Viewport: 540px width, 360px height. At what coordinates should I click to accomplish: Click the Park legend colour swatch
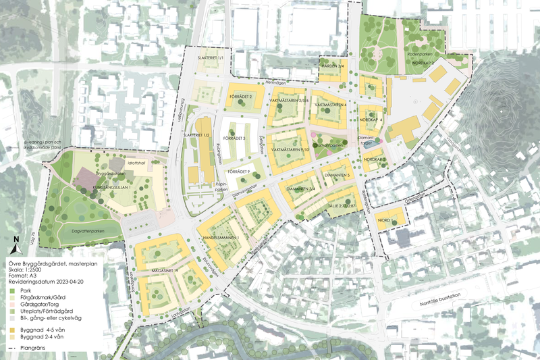click(x=11, y=290)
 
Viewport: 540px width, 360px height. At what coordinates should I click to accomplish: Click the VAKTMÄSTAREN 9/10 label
click(x=290, y=149)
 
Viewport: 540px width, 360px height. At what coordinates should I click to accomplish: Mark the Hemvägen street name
click(x=276, y=83)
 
